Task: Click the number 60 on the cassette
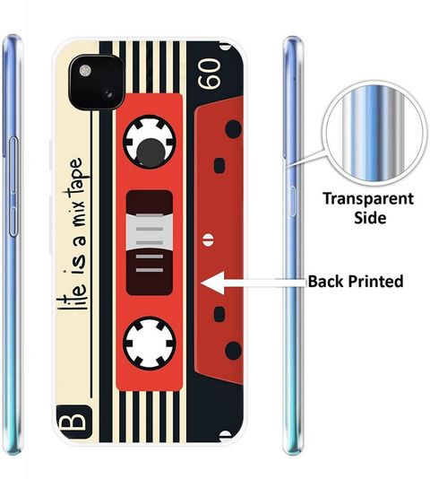click(209, 74)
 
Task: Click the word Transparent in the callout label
click(368, 200)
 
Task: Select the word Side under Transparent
click(370, 218)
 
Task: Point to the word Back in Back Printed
click(326, 281)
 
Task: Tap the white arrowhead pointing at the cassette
click(212, 283)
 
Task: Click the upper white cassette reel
click(150, 142)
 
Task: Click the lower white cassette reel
click(150, 343)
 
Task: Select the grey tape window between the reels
click(150, 232)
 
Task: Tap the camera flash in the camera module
click(85, 71)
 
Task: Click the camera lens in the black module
click(108, 94)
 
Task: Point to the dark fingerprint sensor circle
click(150, 152)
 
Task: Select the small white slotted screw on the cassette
click(208, 239)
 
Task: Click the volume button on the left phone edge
click(13, 187)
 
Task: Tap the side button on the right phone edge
click(292, 201)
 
